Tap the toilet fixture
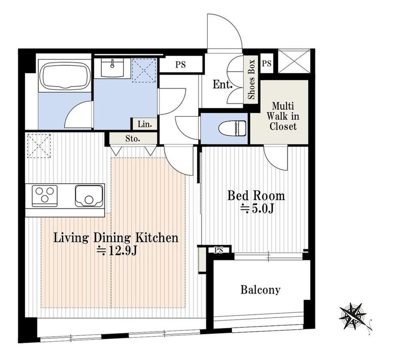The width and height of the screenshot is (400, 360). pyautogui.click(x=232, y=129)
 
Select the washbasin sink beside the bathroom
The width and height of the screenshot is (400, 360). pyautogui.click(x=112, y=67)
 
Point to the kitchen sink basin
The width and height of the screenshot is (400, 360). pyautogui.click(x=89, y=196)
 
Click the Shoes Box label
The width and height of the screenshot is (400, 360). pyautogui.click(x=252, y=79)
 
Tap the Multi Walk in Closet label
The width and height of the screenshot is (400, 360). pyautogui.click(x=283, y=116)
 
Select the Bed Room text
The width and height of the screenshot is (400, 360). pyautogui.click(x=256, y=196)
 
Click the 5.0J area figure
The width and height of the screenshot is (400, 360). pyautogui.click(x=257, y=209)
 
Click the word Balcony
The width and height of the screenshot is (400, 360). pyautogui.click(x=260, y=290)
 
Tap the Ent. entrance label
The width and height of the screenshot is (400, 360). pyautogui.click(x=223, y=85)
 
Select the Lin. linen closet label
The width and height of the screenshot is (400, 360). pyautogui.click(x=145, y=125)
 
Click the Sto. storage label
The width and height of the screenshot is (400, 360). pyautogui.click(x=133, y=139)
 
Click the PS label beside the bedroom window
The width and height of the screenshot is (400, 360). pyautogui.click(x=219, y=250)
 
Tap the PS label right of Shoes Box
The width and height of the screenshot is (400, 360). pyautogui.click(x=267, y=63)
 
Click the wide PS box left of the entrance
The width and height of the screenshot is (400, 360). pyautogui.click(x=180, y=65)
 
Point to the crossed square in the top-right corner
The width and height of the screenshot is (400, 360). pyautogui.click(x=294, y=61)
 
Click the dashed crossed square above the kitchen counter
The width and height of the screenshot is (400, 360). pyautogui.click(x=39, y=146)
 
